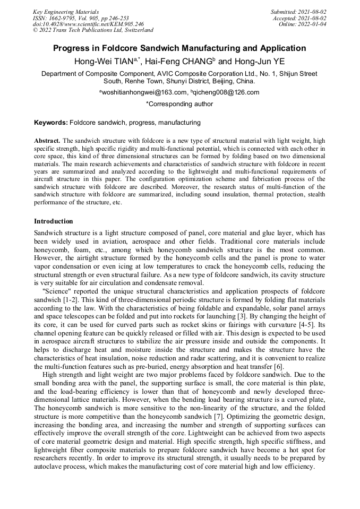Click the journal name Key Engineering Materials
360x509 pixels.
coord(66,12)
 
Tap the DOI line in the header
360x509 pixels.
coord(88,24)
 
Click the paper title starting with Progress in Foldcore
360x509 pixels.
coord(179,48)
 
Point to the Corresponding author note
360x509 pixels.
coord(179,104)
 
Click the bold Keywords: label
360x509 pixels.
coord(51,123)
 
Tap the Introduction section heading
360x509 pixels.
coord(54,221)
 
